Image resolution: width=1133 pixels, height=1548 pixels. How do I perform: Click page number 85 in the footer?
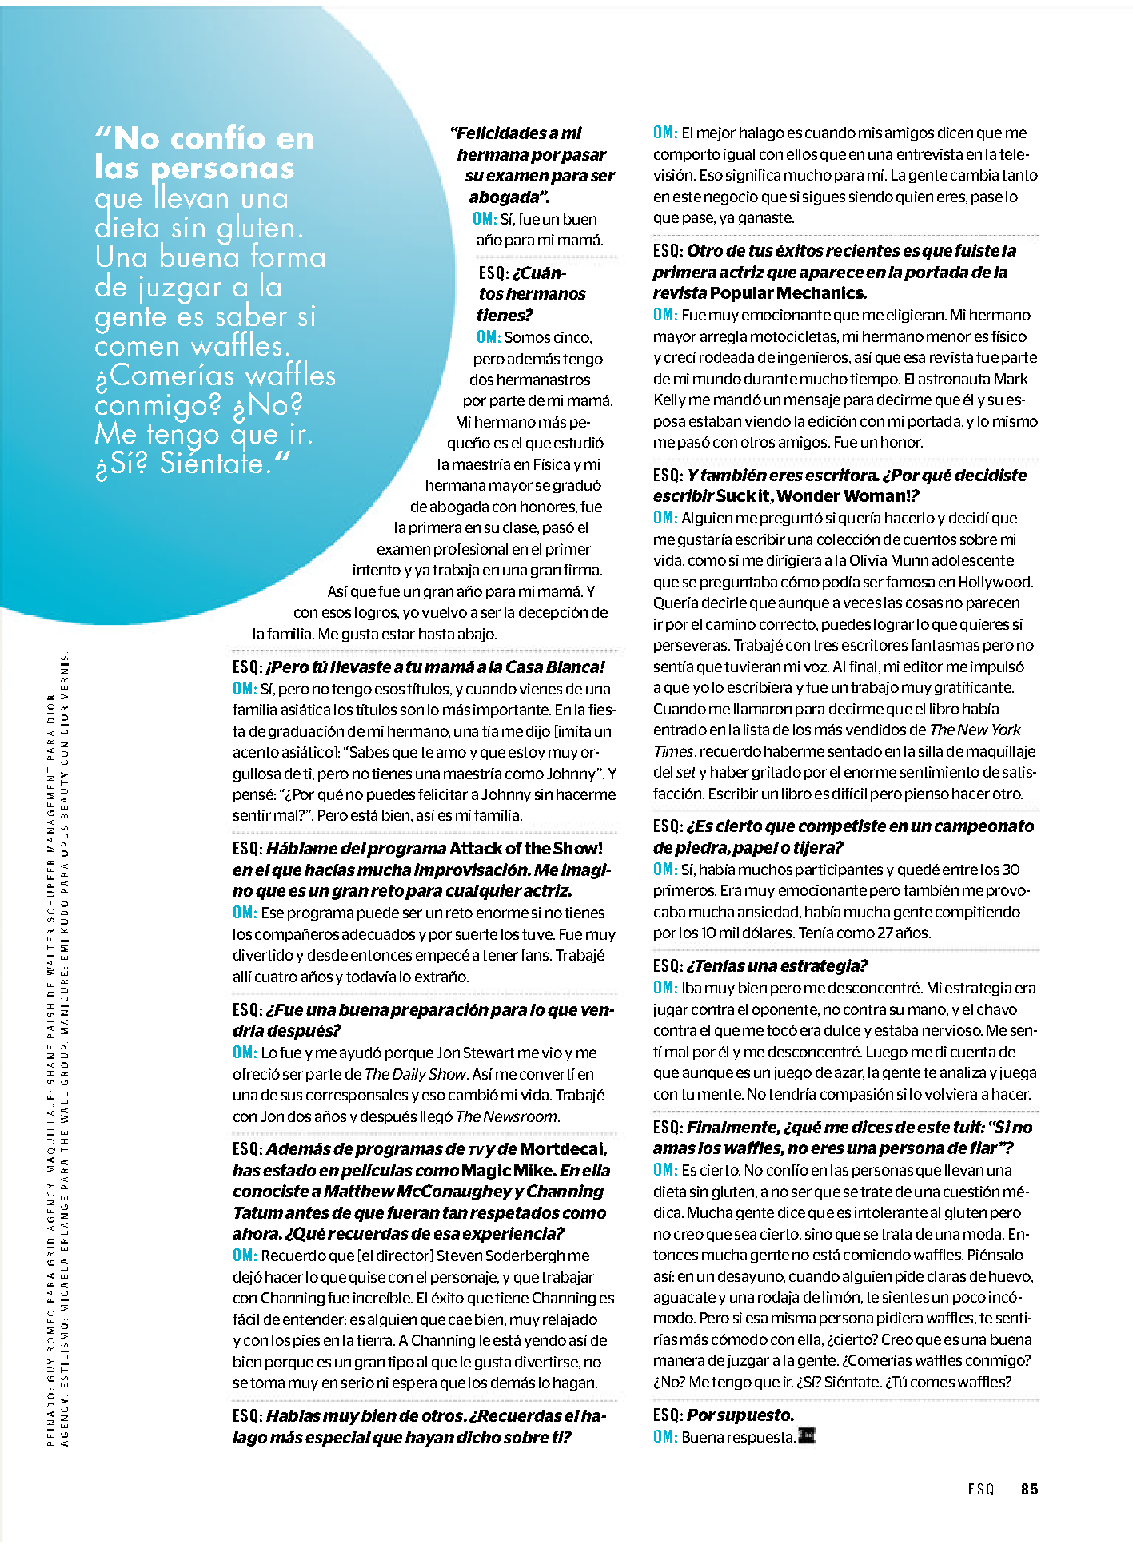pos(1029,1489)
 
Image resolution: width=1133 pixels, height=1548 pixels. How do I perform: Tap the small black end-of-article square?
pos(807,1436)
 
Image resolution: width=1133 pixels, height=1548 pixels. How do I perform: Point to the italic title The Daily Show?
pos(415,1074)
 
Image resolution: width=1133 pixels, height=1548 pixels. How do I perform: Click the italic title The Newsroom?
pos(507,1116)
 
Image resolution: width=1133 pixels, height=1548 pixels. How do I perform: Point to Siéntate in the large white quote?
pos(212,464)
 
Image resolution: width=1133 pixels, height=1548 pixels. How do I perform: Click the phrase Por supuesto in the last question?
pos(740,1415)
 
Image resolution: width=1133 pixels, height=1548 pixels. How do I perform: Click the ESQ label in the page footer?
pos(980,1489)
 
